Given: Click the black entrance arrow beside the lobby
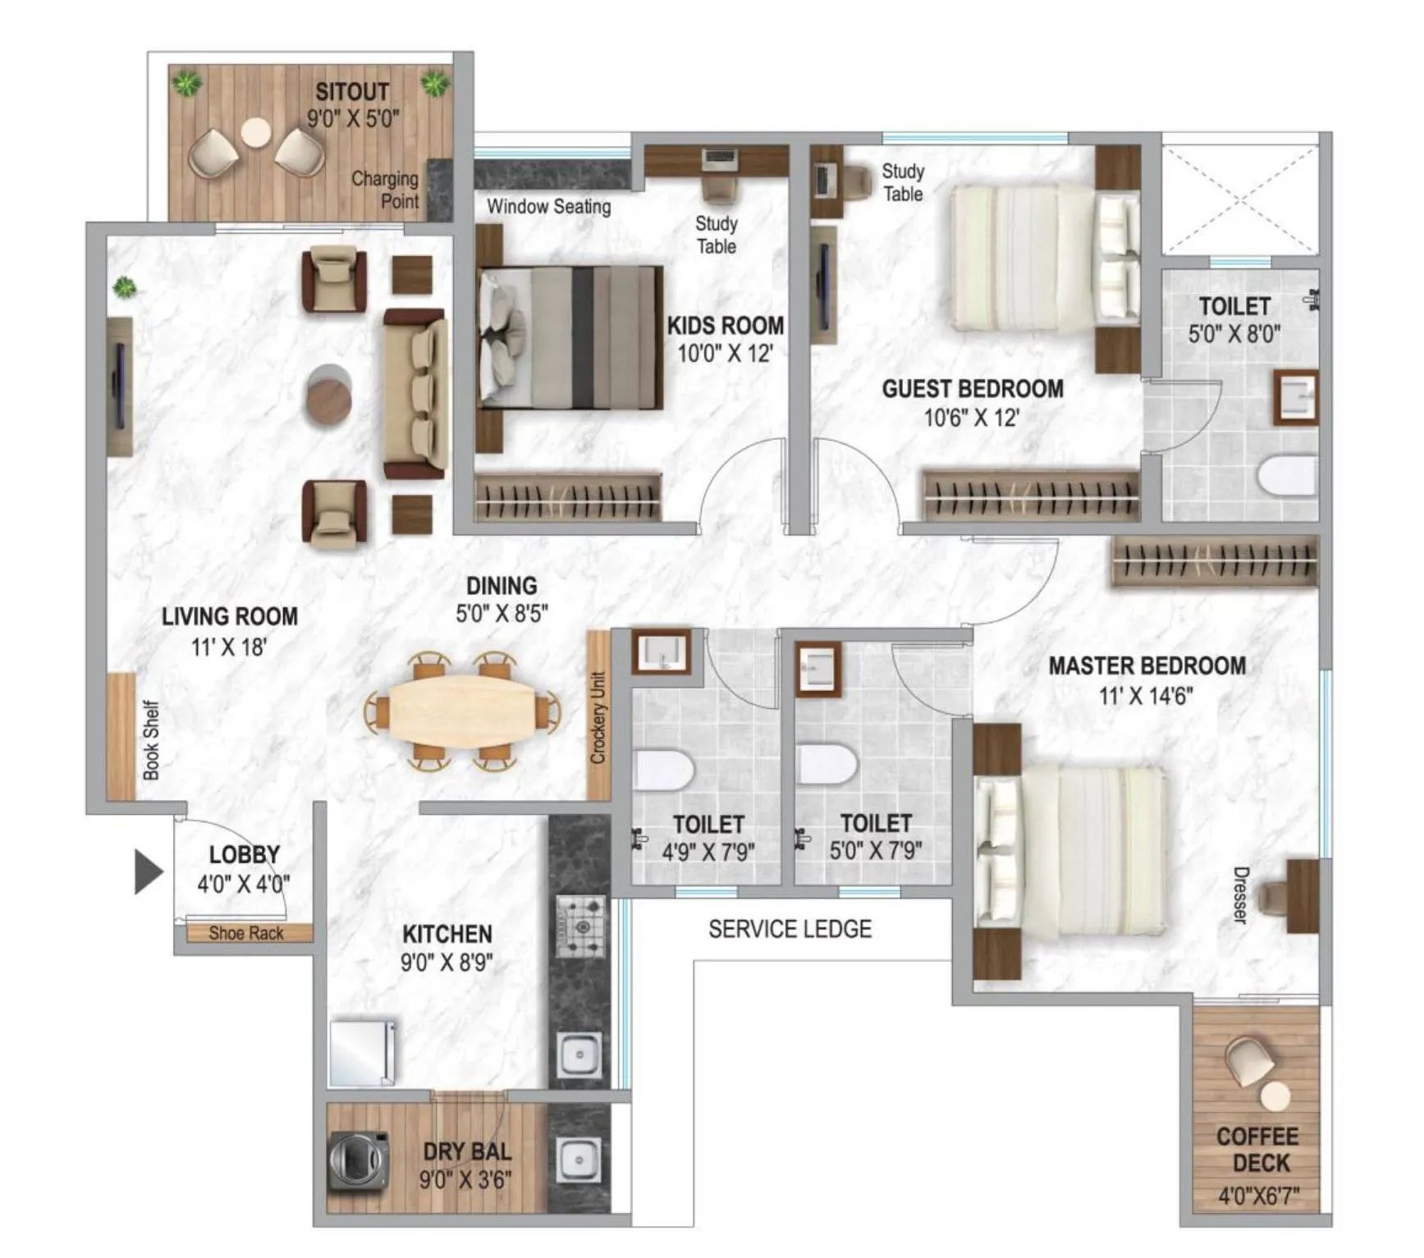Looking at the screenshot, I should click(148, 871).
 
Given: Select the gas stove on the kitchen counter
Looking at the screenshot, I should click(581, 926).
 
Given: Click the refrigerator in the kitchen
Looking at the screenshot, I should click(362, 1053).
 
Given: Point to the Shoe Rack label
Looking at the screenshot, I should click(245, 933).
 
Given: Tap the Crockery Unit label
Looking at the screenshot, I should click(598, 717).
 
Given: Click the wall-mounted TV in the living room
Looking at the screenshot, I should click(120, 386).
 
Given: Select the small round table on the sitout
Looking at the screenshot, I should click(255, 131).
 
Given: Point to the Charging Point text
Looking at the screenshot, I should click(386, 190).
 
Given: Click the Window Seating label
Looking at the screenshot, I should click(548, 206).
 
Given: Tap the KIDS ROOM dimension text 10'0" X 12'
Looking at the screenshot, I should click(725, 354).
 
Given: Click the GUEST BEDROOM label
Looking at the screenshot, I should click(972, 388).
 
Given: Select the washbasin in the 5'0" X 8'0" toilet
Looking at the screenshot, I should click(1295, 397).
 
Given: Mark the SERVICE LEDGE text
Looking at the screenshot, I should click(790, 929).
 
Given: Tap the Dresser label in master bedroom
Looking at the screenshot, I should click(1240, 894).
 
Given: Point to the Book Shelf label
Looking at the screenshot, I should click(151, 739).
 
